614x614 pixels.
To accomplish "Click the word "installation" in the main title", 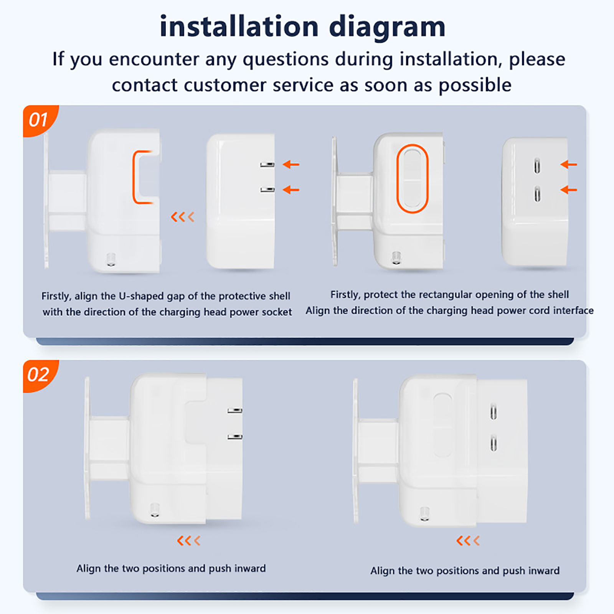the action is [x=239, y=26].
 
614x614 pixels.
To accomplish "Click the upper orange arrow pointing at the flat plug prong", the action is [x=291, y=165].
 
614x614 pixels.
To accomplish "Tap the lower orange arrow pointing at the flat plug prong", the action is [x=291, y=190].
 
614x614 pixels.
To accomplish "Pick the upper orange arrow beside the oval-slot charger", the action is [x=569, y=165].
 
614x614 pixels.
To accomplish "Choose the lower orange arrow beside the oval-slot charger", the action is [x=569, y=190].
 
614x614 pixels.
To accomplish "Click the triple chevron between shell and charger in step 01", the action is [x=183, y=217].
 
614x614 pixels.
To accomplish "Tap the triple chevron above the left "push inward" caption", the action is [x=189, y=541].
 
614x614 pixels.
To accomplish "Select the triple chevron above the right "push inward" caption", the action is [x=468, y=541].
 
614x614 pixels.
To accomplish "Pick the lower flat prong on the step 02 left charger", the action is [x=234, y=436].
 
